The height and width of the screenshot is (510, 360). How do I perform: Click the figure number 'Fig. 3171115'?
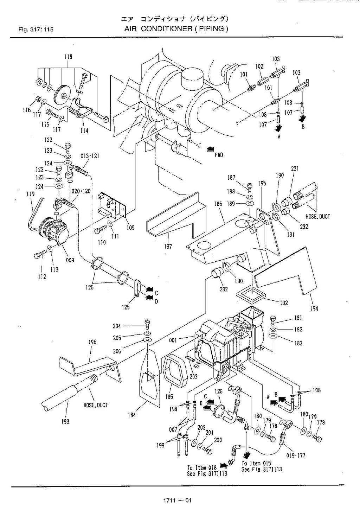(36, 30)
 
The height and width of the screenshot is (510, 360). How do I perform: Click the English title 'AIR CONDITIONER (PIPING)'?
(176, 29)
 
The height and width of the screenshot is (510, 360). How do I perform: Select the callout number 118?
(68, 57)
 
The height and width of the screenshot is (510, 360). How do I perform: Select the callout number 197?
(168, 247)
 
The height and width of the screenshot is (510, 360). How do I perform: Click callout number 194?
(314, 308)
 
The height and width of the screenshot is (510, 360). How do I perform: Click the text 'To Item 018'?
(201, 467)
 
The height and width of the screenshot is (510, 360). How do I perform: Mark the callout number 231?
(295, 168)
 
